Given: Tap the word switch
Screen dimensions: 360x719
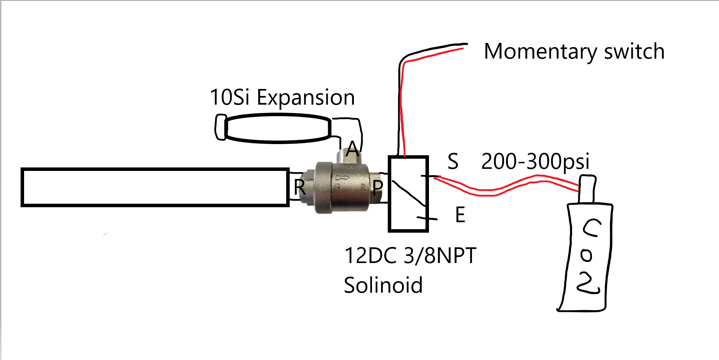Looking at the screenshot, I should [634, 52].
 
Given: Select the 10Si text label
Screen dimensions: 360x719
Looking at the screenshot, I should [229, 97].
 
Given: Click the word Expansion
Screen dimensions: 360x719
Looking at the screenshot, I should [306, 98].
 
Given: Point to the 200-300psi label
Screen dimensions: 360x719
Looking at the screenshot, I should [535, 161].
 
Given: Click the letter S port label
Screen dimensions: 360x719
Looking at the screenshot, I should [453, 161].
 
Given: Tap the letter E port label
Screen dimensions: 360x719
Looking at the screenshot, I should [460, 215].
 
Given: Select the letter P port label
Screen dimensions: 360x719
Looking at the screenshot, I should [378, 188].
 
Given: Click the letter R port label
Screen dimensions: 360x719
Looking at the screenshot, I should [299, 187].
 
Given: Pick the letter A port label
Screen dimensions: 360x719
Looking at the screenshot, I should [352, 149].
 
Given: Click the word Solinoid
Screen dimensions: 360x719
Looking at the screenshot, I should [383, 285].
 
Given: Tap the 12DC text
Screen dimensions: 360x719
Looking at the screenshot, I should [370, 255].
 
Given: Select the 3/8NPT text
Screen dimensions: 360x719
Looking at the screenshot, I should [440, 255].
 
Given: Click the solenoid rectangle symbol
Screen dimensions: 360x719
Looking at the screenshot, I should [408, 194].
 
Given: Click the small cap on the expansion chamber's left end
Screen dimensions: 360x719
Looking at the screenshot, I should [221, 127].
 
